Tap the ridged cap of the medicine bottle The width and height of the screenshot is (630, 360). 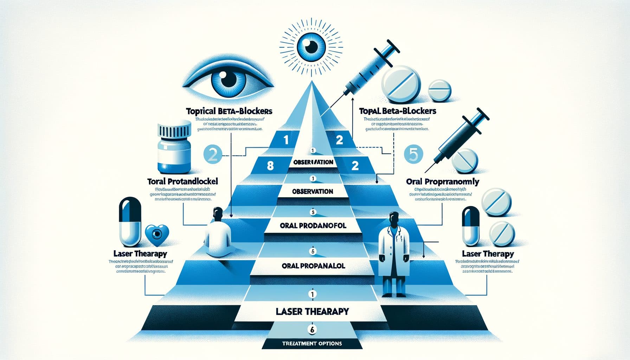pyautogui.click(x=174, y=131)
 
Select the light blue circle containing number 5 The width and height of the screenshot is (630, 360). pyautogui.click(x=414, y=154)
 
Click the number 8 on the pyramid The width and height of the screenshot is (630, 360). pyautogui.click(x=270, y=165)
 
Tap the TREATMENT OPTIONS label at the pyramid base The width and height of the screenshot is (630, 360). pyautogui.click(x=312, y=343)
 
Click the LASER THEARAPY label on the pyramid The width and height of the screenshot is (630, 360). pyautogui.click(x=312, y=311)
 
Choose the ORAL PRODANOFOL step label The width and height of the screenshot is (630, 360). pyautogui.click(x=313, y=225)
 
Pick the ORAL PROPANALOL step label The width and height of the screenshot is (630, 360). pyautogui.click(x=313, y=266)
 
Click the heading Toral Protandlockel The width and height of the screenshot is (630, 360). pyautogui.click(x=182, y=181)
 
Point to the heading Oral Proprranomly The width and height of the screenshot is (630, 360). pyautogui.click(x=442, y=182)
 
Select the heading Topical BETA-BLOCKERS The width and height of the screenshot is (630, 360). pyautogui.click(x=229, y=111)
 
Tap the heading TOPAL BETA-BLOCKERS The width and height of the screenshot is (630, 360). pyautogui.click(x=398, y=111)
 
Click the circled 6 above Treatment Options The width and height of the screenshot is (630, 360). pyautogui.click(x=312, y=329)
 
